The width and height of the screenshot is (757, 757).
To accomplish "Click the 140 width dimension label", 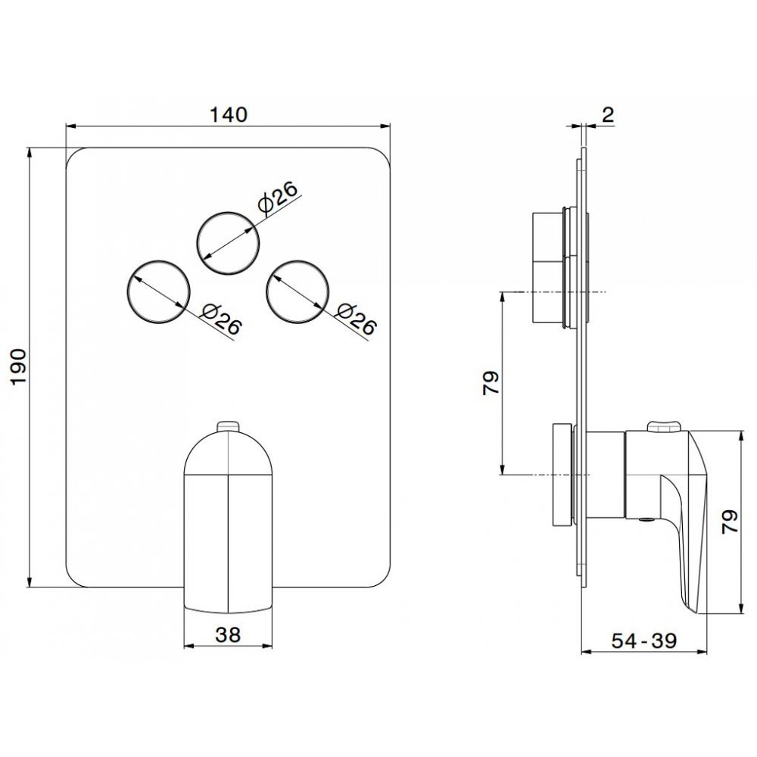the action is [228, 114].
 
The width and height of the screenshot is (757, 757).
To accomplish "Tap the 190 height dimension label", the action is [18, 366].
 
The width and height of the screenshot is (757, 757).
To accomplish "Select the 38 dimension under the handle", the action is [229, 635].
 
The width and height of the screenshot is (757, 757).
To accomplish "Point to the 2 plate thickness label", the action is [608, 114].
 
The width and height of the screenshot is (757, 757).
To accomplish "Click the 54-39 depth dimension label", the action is [644, 640].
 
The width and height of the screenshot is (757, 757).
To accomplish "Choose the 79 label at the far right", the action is [730, 522].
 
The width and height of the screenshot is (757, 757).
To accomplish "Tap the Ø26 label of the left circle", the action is [221, 319].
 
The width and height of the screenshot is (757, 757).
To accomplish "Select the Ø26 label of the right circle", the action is [356, 319].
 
